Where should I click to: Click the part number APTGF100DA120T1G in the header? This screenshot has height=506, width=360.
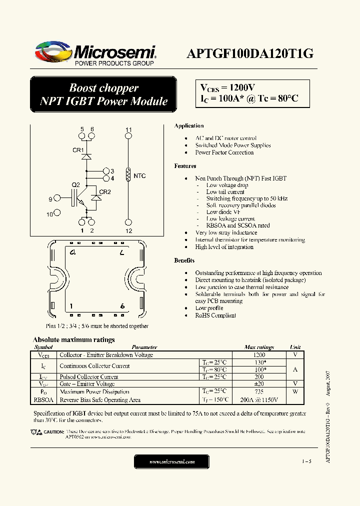click(x=250, y=54)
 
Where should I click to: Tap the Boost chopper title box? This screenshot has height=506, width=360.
click(x=103, y=94)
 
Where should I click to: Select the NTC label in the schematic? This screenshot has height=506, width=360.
click(x=140, y=176)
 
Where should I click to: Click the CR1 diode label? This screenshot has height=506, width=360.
click(x=78, y=150)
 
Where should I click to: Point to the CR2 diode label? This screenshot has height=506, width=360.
click(x=105, y=192)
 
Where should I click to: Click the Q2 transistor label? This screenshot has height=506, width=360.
click(x=76, y=185)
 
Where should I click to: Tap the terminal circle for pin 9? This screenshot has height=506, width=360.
click(x=57, y=199)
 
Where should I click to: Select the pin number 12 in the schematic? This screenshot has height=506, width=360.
click(x=128, y=231)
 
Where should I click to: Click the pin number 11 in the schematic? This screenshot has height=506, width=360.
click(x=128, y=130)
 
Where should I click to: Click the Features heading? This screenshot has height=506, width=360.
click(x=185, y=166)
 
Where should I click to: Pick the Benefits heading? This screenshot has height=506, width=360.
click(x=184, y=260)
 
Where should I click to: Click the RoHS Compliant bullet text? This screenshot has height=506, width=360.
click(x=215, y=315)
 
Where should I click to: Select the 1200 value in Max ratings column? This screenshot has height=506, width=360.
click(x=259, y=355)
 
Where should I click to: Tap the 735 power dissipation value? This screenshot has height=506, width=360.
click(x=259, y=392)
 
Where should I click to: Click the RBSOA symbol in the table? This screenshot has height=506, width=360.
click(x=43, y=400)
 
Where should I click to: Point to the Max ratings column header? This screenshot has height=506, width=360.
click(x=259, y=347)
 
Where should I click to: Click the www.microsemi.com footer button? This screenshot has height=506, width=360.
click(x=172, y=461)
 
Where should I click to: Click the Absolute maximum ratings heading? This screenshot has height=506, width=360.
click(x=73, y=339)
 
